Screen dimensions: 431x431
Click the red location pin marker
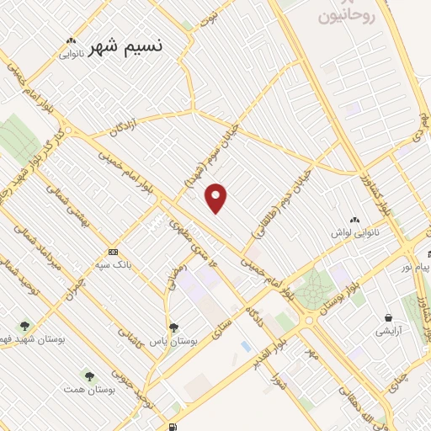click(217, 198)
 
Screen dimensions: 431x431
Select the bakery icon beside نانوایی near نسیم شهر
click(71, 40)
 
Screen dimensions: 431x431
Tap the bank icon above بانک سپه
click(112, 252)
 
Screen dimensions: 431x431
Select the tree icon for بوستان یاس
click(173, 327)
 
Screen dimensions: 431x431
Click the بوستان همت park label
click(88, 389)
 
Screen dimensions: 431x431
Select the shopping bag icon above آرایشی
click(388, 317)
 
